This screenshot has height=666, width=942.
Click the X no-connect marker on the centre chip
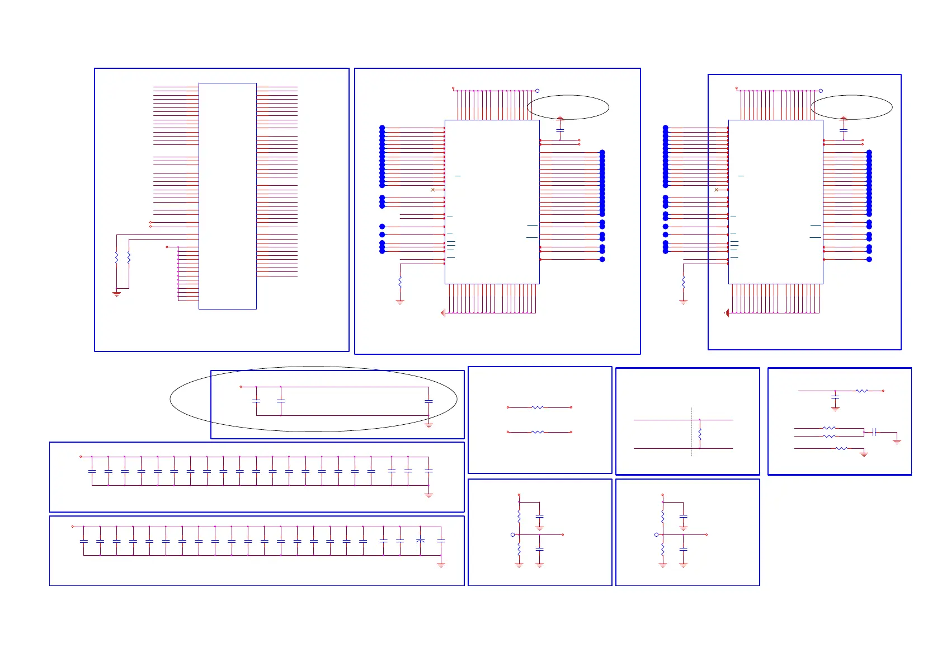(x=433, y=190)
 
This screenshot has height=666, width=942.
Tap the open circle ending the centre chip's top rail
(x=538, y=91)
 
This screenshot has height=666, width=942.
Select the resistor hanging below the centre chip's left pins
(x=400, y=283)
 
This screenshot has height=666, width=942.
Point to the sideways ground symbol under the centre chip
(x=443, y=313)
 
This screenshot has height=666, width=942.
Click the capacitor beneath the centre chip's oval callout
(x=560, y=130)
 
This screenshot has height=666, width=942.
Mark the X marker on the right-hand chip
(x=717, y=190)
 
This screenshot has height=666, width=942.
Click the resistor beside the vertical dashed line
(x=700, y=434)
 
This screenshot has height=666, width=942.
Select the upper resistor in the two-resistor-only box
(x=538, y=407)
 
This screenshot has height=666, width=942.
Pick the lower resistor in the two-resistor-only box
(x=538, y=432)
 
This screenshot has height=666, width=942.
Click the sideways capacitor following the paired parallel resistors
(x=874, y=432)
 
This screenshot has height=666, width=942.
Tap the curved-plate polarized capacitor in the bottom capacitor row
(x=421, y=541)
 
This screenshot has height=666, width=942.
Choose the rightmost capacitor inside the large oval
(x=428, y=401)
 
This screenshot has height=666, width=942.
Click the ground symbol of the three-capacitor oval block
(x=429, y=425)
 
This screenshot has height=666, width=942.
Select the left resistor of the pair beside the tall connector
(x=116, y=257)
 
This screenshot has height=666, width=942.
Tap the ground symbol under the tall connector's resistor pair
(x=116, y=293)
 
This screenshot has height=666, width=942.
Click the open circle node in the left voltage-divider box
(x=512, y=534)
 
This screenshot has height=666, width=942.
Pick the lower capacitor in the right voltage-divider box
(x=683, y=550)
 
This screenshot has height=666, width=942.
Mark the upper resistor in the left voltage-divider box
(x=519, y=515)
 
